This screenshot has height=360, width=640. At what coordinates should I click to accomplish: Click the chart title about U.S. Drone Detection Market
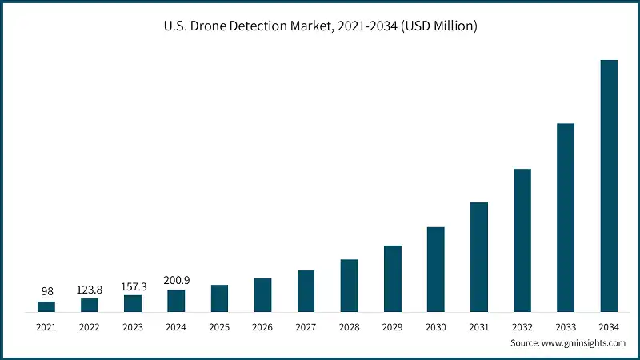(320, 26)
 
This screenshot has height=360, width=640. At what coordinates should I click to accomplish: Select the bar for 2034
(609, 186)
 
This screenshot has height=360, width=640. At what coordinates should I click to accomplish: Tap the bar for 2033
(566, 218)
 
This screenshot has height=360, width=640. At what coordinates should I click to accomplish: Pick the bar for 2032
(522, 240)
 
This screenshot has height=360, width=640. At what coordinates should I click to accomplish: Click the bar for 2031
(479, 257)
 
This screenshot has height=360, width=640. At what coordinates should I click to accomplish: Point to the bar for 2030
(436, 269)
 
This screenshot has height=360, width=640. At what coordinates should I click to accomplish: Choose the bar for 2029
(393, 278)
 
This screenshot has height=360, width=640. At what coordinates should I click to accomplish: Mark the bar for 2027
(306, 291)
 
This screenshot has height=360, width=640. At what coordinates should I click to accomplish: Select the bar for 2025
(220, 298)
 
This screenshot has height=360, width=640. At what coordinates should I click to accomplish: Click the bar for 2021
(46, 306)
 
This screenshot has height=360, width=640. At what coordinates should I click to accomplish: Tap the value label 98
(46, 290)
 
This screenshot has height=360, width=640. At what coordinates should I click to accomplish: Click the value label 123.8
(90, 287)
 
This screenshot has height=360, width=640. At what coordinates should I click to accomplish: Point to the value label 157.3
(133, 284)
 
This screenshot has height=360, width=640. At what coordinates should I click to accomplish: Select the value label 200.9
(176, 279)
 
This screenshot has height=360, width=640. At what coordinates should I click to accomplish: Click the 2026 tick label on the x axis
(263, 326)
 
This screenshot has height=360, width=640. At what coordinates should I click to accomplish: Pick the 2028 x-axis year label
(350, 326)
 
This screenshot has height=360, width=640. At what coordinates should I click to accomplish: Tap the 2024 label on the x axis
(176, 326)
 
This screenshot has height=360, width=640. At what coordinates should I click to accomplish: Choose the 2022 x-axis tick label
(90, 326)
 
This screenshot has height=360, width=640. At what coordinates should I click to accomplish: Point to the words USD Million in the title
(441, 26)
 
